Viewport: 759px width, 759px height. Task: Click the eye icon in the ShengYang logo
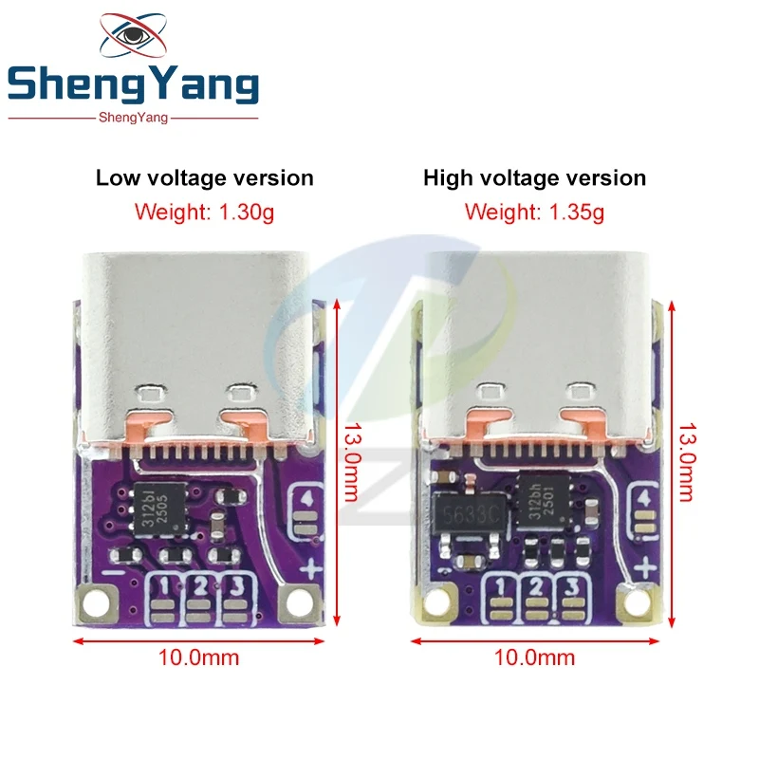tap(133, 34)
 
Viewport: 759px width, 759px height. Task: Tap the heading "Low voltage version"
tap(205, 178)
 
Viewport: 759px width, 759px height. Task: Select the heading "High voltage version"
tap(534, 178)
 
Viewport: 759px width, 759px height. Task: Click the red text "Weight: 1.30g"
tap(204, 213)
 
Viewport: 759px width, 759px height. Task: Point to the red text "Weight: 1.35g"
tap(534, 213)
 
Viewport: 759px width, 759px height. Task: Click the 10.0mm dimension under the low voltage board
tap(198, 657)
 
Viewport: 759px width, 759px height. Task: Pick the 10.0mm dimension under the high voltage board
tap(534, 657)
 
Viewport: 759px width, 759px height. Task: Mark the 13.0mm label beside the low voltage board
tap(352, 462)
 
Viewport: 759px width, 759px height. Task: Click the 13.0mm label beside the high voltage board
tap(687, 462)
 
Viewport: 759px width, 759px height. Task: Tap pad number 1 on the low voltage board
tap(164, 598)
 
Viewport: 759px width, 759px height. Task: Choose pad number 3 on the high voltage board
tap(571, 598)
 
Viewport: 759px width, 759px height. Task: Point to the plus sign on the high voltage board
tap(645, 567)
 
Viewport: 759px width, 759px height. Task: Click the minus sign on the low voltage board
tap(113, 573)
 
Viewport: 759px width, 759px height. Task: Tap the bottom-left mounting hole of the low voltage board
tap(97, 603)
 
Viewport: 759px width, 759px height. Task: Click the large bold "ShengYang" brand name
tap(133, 83)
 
